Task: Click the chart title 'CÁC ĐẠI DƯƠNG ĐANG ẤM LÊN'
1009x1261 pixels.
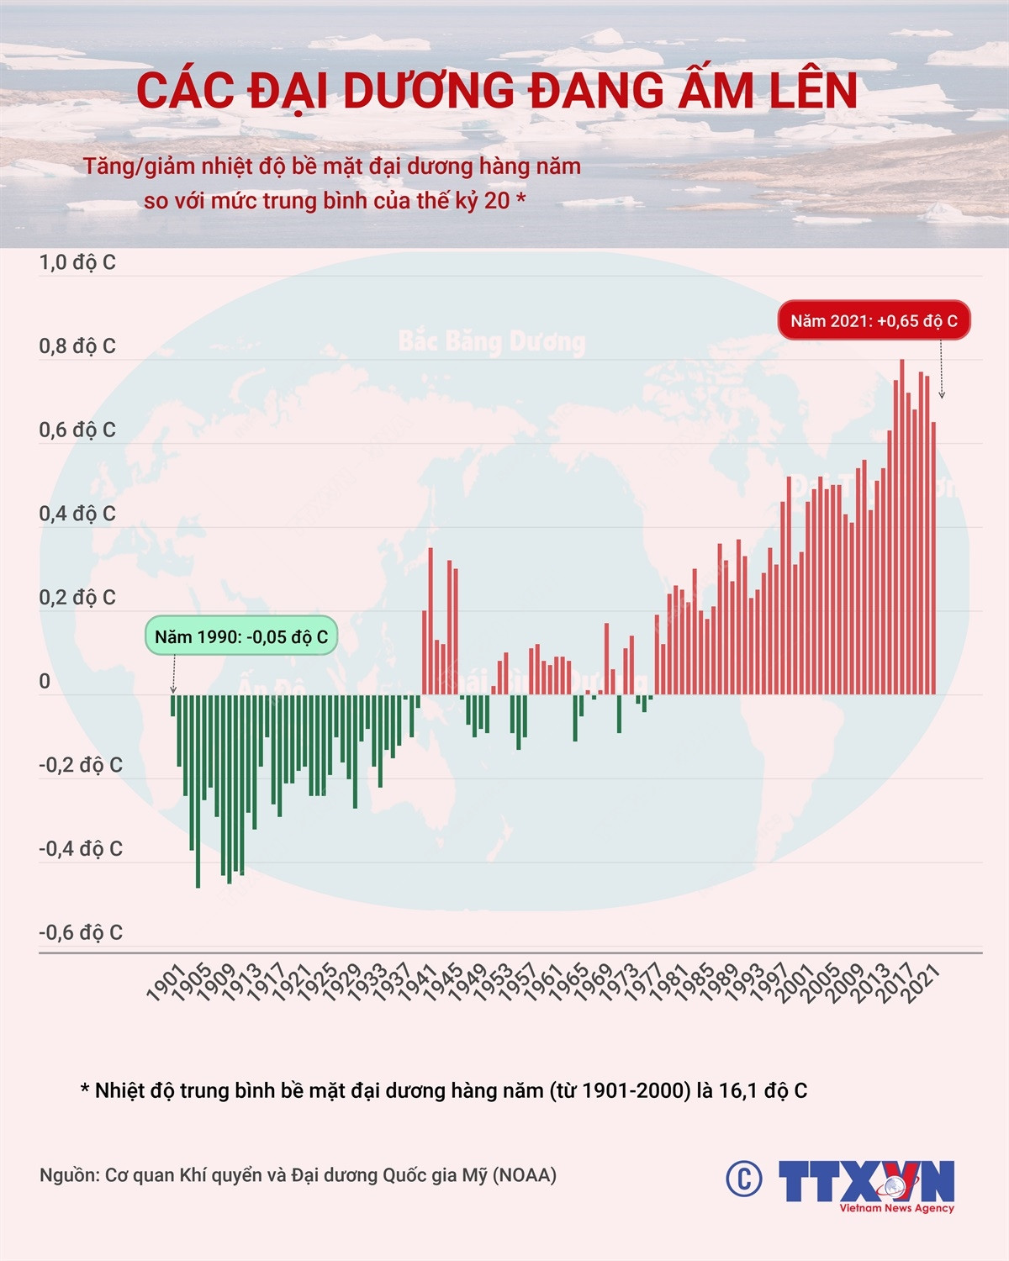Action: (x=497, y=92)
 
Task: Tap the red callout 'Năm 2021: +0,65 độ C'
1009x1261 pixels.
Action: (x=874, y=320)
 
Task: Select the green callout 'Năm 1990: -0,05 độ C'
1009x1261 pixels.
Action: (x=241, y=637)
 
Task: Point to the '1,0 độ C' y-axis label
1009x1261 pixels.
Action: (x=77, y=262)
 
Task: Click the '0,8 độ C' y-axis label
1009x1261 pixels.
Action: (x=77, y=346)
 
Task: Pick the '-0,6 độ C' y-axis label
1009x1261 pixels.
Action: (x=81, y=932)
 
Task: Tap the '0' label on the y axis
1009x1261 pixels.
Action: (x=45, y=681)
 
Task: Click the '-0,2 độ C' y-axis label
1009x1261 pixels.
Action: (x=81, y=765)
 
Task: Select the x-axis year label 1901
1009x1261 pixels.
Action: (x=166, y=984)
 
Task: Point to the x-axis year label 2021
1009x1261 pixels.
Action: (x=920, y=984)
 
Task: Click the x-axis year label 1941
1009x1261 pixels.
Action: (x=417, y=984)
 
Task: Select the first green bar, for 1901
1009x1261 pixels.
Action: (x=172, y=705)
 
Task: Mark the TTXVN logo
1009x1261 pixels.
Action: (x=866, y=1184)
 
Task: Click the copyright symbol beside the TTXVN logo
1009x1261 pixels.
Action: (x=743, y=1179)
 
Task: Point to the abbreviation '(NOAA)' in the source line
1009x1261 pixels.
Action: (x=525, y=1175)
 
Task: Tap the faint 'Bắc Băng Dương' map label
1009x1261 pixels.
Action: (x=492, y=341)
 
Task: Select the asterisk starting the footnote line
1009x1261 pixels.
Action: (x=85, y=1090)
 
